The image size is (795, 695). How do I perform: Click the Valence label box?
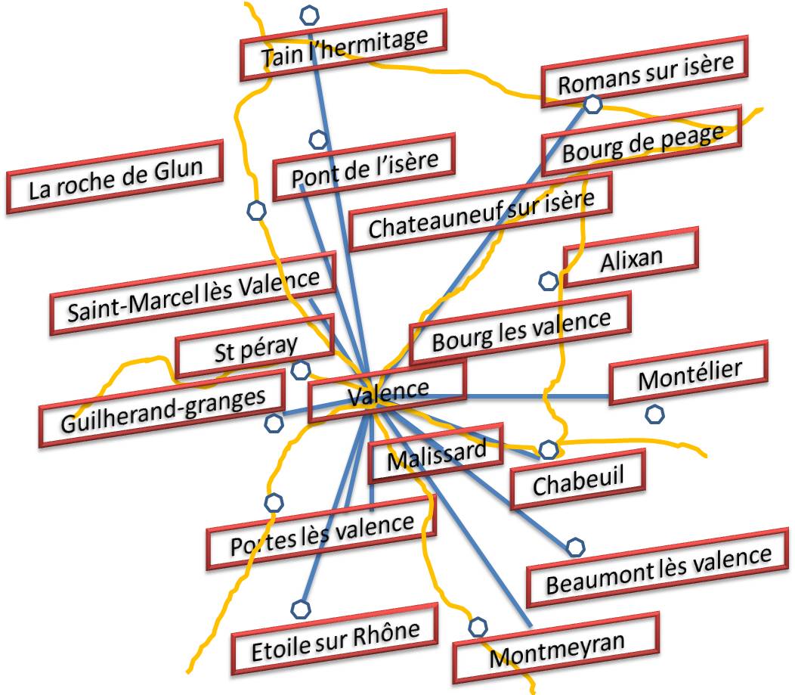click(387, 391)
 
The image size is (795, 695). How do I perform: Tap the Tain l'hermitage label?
click(344, 48)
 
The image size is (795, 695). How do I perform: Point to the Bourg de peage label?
click(642, 143)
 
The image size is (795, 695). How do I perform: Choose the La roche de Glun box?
click(116, 177)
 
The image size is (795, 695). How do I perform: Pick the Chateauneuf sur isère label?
click(481, 213)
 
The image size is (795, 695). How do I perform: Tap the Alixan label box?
click(631, 258)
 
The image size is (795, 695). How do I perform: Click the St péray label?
click(255, 349)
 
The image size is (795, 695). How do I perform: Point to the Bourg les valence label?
click(521, 330)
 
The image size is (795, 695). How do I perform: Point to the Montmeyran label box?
click(556, 648)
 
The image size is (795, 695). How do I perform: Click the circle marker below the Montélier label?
click(654, 414)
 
